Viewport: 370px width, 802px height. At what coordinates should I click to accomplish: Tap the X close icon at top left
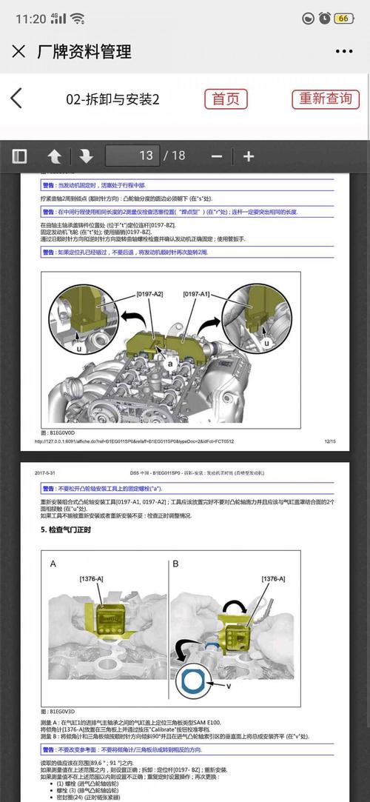18,51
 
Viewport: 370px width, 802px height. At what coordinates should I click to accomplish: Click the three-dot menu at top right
344,52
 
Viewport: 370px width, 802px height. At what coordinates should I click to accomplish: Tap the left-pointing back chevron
16,98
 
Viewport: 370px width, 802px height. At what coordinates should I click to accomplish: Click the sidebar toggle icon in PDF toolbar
19,156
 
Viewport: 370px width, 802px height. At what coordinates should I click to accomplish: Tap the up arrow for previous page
55,156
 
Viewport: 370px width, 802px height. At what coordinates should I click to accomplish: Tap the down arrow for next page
86,156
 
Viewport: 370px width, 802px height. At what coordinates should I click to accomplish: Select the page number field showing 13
133,156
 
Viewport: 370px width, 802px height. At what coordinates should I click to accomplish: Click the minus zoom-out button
217,156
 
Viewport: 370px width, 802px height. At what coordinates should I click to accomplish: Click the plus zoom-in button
249,156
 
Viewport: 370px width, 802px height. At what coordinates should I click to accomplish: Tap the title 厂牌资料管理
84,51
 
